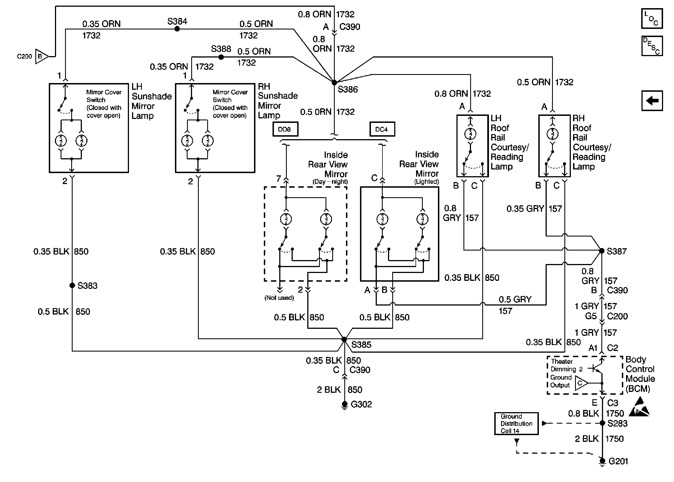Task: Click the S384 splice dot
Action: tap(177, 29)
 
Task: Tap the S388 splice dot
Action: tap(221, 57)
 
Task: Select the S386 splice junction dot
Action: tap(334, 82)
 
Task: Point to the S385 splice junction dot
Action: tap(344, 339)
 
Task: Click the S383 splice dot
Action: tap(72, 285)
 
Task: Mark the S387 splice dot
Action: tap(602, 251)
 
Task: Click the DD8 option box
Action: tap(285, 129)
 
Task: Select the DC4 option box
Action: tap(382, 129)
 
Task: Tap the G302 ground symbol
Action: tap(344, 405)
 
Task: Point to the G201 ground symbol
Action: tap(602, 462)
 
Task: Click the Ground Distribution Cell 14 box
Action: tap(516, 424)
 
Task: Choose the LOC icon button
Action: tap(652, 19)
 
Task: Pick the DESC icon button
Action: tap(652, 46)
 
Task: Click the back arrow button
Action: tap(652, 101)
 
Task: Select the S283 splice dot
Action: tap(602, 423)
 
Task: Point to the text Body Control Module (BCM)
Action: tap(640, 374)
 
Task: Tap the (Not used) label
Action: tap(279, 298)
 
